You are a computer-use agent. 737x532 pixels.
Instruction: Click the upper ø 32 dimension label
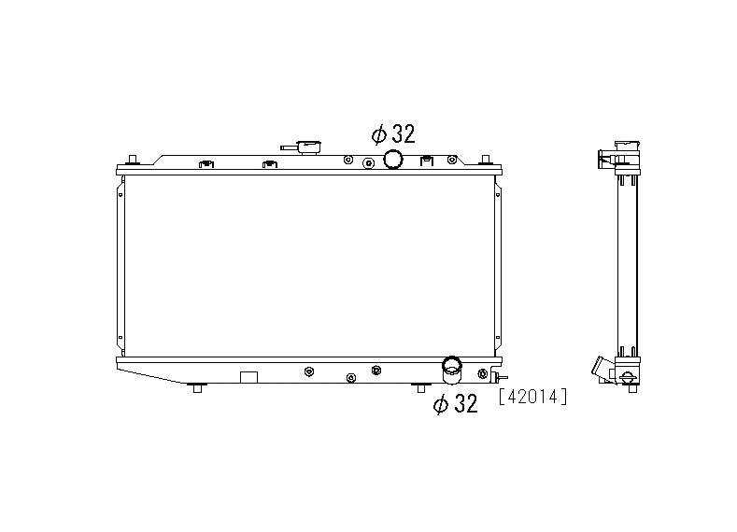tap(392, 133)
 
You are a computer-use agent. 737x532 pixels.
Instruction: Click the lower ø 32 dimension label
tap(455, 403)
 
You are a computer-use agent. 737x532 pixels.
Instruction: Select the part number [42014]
tap(533, 397)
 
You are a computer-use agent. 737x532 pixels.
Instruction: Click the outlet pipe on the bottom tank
tap(452, 371)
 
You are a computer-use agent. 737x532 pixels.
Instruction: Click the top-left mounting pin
tap(132, 159)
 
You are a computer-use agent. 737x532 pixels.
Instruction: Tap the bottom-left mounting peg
tap(196, 387)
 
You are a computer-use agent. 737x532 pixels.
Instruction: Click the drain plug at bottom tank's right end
tap(484, 374)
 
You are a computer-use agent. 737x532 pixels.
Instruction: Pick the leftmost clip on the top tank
tap(205, 166)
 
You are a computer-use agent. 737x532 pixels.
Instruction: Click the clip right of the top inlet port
tap(427, 161)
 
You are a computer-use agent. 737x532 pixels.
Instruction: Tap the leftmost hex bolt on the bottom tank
tap(308, 371)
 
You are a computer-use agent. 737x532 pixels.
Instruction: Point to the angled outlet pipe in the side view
tap(599, 370)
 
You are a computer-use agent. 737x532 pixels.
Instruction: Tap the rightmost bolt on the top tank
tap(453, 161)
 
